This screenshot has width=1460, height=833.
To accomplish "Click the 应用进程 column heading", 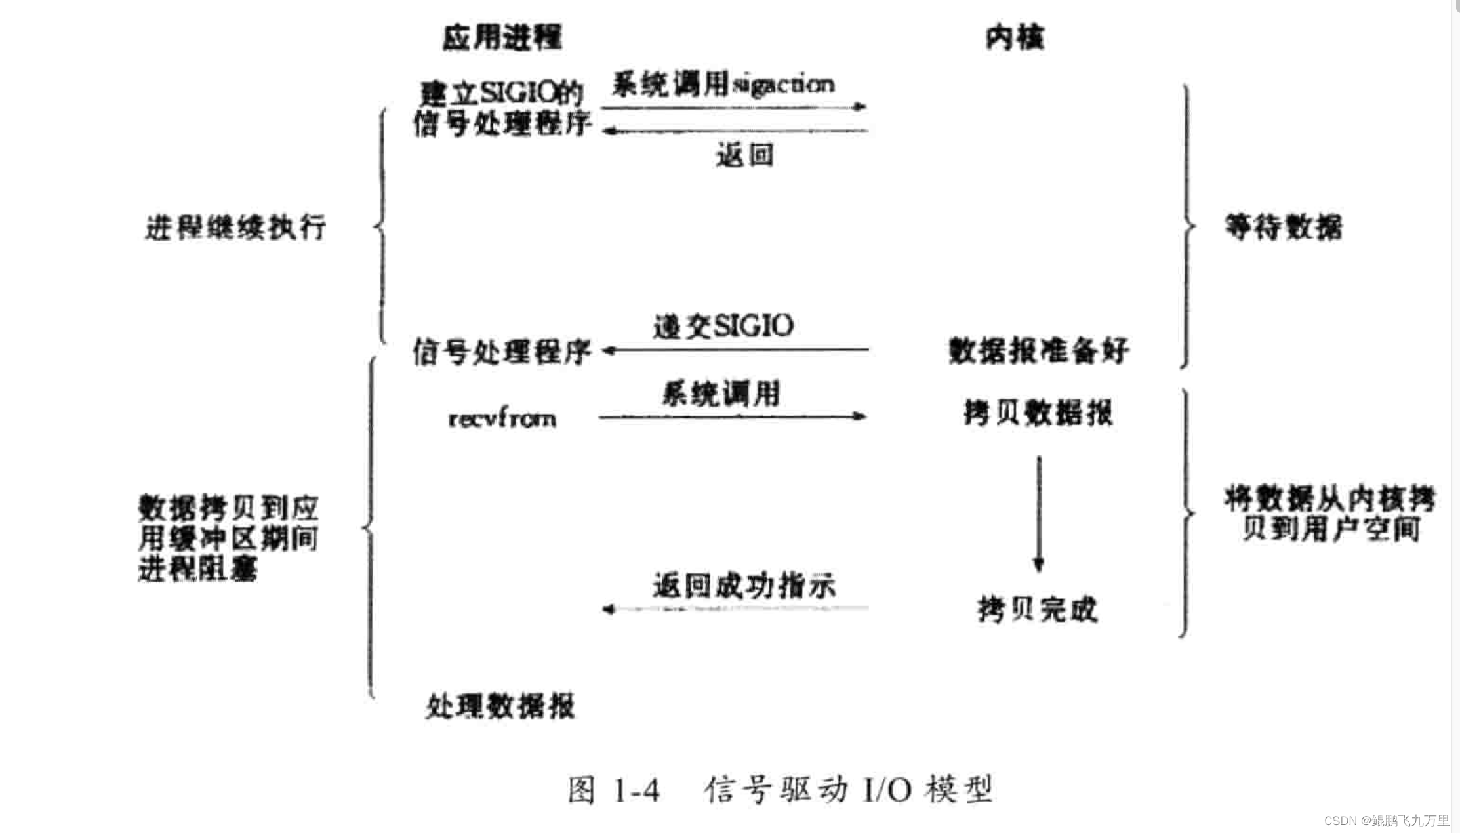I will [502, 37].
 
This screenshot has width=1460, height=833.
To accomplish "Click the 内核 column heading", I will [1015, 37].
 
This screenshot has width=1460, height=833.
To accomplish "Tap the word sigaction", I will [784, 85].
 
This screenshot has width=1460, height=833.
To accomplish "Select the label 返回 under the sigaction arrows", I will [745, 156].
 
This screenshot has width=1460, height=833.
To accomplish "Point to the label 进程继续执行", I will [235, 228].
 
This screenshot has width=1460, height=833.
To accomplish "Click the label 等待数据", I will [1284, 228].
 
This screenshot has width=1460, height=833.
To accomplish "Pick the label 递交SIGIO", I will [723, 326].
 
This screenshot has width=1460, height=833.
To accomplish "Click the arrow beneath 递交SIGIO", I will [735, 350].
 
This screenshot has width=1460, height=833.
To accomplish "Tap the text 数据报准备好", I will [1038, 351].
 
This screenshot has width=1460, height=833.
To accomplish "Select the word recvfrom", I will [502, 418].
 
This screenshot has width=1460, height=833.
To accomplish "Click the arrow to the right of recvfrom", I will [732, 416].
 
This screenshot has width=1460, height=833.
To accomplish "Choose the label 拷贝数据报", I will [1038, 413].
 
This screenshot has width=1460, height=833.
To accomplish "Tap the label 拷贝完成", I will [1037, 609].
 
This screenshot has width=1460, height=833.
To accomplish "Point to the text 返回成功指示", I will [744, 586].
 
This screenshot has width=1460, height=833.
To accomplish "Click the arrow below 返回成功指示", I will [735, 609].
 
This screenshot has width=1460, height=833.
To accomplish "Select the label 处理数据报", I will [500, 706].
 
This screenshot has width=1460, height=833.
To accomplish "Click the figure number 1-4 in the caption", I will [636, 790].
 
